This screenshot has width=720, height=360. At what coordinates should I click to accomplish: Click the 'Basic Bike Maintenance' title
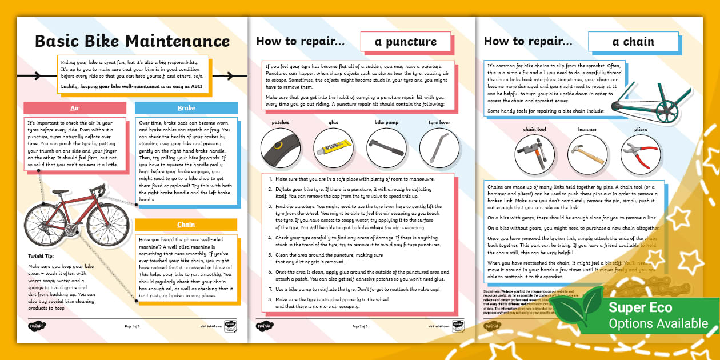pos(132,41)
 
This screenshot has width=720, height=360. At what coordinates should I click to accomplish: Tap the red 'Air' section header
pos(74,108)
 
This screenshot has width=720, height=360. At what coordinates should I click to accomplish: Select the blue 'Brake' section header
pos(186,108)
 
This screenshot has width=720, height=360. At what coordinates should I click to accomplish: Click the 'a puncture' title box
pos(406,41)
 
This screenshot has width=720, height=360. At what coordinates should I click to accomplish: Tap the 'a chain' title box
pos(633,41)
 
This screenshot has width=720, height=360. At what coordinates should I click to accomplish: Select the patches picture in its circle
pos(281,147)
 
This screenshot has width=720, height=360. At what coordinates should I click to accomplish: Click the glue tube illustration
pos(333,147)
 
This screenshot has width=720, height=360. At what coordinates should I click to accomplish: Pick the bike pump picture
pos(386,147)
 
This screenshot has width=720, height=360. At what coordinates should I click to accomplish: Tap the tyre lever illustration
pos(439,147)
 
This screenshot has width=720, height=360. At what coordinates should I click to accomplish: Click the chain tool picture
pos(534,154)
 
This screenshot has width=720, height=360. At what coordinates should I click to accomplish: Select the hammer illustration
pos(587,154)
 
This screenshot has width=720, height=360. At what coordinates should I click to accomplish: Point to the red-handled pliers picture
pos(640,154)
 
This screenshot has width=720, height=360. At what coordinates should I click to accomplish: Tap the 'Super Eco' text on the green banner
pos(640,307)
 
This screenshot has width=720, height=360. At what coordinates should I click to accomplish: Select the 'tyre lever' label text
pos(439,122)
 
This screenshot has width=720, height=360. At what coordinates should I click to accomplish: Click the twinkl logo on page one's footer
pos(37,326)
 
